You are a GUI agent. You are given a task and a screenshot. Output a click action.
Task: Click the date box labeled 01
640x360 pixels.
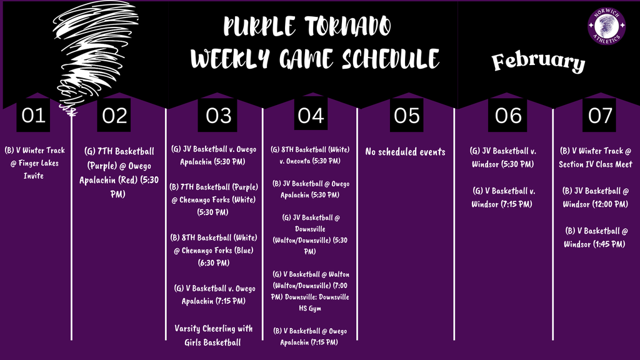pos(33,116)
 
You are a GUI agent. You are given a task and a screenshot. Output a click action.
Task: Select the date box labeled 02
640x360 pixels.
pos(114,116)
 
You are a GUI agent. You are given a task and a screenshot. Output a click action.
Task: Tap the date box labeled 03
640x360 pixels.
pos(217,116)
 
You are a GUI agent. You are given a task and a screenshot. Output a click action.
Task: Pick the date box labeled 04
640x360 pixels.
pos(311,116)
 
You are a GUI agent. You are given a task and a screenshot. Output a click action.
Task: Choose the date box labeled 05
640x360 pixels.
pos(406,116)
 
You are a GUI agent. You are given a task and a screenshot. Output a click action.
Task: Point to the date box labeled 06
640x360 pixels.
pos(507,116)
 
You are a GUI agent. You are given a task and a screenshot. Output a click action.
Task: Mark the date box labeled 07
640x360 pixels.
pos(599,116)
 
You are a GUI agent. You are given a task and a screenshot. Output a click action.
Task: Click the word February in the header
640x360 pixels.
pos(537,62)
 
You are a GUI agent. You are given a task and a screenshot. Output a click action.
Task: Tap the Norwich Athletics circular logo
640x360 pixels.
pos(606,27)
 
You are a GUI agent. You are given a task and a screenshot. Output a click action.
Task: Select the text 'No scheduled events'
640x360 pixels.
pos(405,152)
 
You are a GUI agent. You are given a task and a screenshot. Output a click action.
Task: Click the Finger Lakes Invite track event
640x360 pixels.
pos(34,163)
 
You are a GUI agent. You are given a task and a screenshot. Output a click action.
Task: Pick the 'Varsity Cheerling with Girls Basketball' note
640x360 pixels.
pos(214,335)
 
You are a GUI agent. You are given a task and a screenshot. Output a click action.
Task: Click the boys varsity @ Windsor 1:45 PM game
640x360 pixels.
pos(594,237)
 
